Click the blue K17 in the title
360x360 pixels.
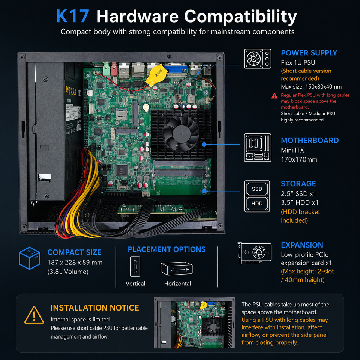(72, 16)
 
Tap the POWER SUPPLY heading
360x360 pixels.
(309, 53)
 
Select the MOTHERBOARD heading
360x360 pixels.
(310, 141)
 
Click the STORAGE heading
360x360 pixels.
(298, 184)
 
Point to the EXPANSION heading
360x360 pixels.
(302, 245)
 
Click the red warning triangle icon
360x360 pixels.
(274, 96)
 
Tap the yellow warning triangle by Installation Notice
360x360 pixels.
(34, 315)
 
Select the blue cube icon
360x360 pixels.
(29, 258)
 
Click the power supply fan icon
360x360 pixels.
(258, 59)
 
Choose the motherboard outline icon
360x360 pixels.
(258, 148)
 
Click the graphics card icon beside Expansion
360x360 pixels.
(255, 252)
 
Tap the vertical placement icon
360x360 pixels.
(135, 266)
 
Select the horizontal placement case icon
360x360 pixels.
(177, 268)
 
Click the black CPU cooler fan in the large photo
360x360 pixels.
(181, 133)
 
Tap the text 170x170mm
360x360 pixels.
(299, 160)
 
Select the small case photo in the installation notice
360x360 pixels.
(195, 323)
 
